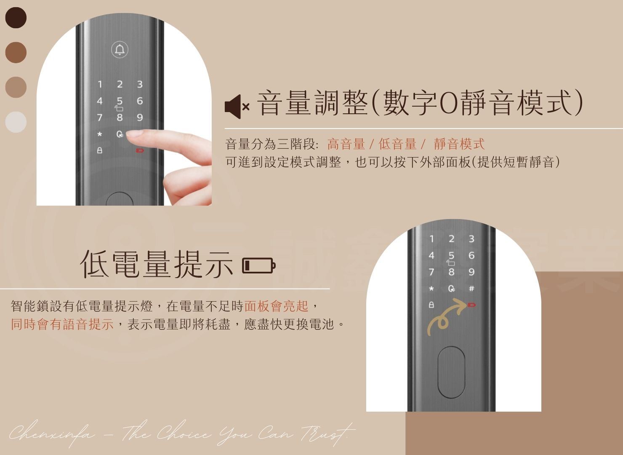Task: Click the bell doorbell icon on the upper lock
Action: [x=120, y=50]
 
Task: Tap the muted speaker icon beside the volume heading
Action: [x=237, y=107]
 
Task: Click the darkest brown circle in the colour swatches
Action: [x=16, y=18]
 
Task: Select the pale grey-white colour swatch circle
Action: [x=16, y=122]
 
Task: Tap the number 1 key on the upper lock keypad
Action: [x=100, y=84]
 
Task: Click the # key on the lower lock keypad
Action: [x=471, y=289]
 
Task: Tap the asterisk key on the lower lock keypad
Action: [x=431, y=289]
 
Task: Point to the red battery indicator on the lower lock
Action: [x=472, y=305]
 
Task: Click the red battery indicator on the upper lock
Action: [x=140, y=150]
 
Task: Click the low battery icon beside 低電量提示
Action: [x=258, y=266]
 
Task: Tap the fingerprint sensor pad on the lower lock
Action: [x=451, y=372]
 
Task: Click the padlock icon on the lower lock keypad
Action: [x=431, y=305]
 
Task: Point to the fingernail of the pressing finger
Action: [x=133, y=134]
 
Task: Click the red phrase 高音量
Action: [x=346, y=144]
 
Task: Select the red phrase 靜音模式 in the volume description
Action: [x=459, y=144]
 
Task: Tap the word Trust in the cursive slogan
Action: [x=328, y=434]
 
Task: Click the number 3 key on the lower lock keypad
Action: [x=471, y=238]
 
